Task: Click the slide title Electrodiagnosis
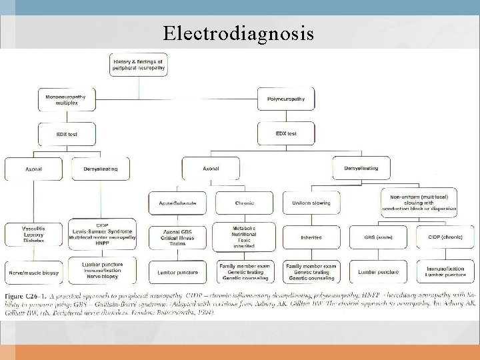[239, 33]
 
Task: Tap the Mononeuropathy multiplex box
[66, 99]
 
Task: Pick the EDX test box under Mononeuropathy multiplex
[67, 134]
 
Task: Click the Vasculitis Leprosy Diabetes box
[33, 236]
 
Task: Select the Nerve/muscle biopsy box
[33, 272]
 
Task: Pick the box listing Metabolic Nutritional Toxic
[245, 236]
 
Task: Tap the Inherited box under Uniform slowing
[311, 236]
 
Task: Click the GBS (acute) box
[377, 236]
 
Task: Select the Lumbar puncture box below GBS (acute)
[377, 272]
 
